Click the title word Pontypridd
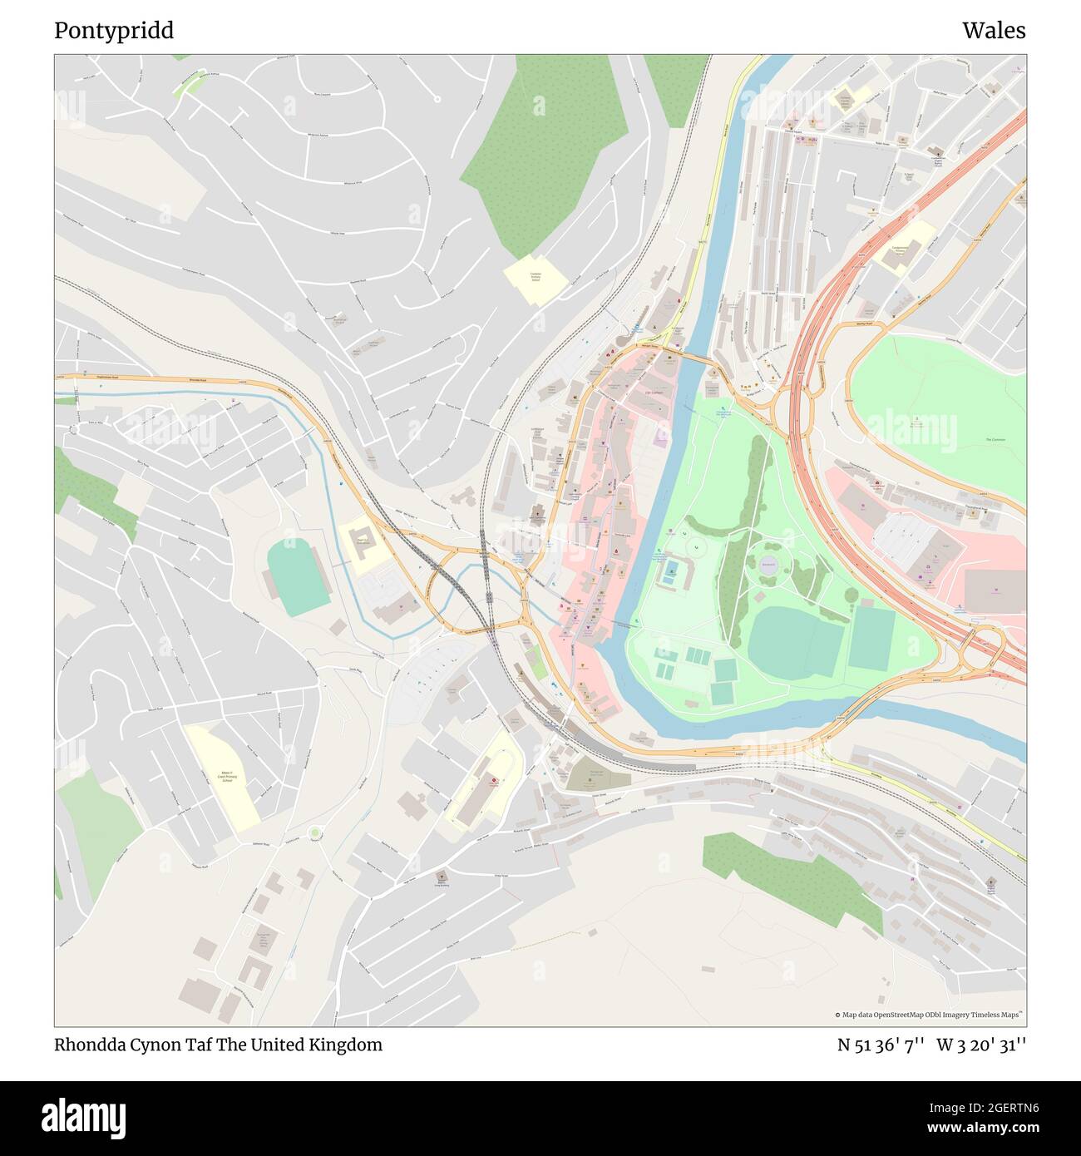coord(114,31)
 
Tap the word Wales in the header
coord(994,31)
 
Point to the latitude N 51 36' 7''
coord(881,1045)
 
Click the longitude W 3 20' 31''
coord(981,1045)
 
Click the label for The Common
coord(995,439)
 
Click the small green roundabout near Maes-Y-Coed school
coord(314,832)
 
